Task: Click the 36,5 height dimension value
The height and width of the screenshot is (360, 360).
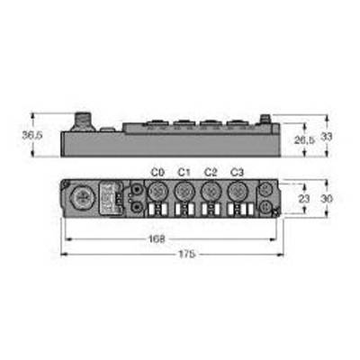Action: (32, 135)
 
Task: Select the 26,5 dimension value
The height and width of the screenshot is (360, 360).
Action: (304, 139)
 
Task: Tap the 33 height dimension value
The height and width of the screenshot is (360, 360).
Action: (327, 137)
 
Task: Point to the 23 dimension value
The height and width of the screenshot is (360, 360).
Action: (304, 199)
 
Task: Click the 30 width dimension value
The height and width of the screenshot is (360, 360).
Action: (327, 199)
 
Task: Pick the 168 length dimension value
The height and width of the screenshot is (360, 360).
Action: (157, 239)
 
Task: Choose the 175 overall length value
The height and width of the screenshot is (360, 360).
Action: (187, 255)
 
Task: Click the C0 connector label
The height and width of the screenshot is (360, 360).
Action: (157, 173)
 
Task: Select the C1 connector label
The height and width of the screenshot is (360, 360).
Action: (184, 173)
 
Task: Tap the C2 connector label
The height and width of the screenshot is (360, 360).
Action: (211, 173)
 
